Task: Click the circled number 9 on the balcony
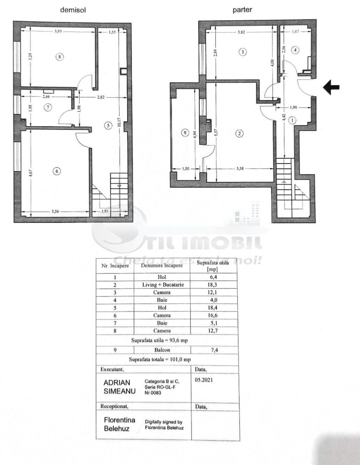(x=185, y=133)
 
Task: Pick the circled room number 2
(x=239, y=133)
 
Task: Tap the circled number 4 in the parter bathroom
(x=295, y=50)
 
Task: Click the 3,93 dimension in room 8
(x=58, y=31)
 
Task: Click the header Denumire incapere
(x=161, y=266)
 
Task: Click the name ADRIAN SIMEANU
(x=119, y=387)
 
